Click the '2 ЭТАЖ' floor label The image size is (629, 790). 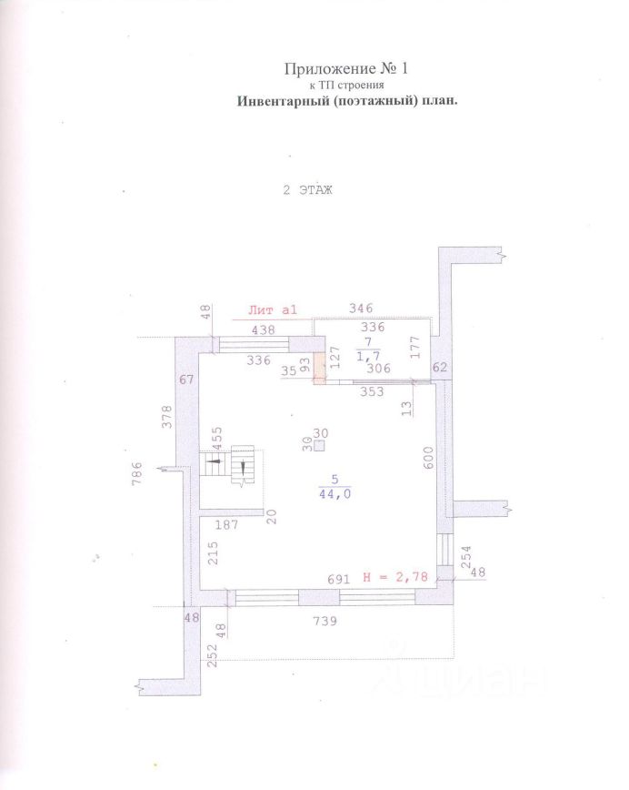coord(308,190)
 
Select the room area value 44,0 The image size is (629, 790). coord(334,494)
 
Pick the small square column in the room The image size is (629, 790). coord(319,446)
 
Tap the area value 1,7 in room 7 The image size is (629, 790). coord(367,355)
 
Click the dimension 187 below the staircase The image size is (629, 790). coord(227,524)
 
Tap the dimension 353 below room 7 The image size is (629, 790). coord(372,392)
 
